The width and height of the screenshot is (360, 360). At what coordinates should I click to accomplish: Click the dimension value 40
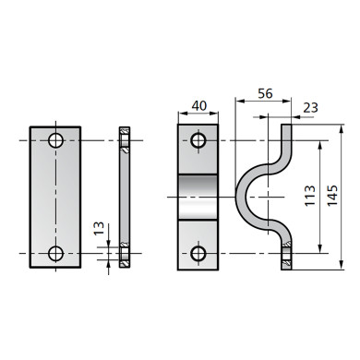click(198, 104)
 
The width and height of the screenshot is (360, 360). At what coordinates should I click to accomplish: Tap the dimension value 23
click(308, 107)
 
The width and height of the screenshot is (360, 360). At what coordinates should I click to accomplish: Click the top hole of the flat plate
click(55, 141)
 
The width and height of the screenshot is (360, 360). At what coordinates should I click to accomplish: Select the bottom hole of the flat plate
click(55, 253)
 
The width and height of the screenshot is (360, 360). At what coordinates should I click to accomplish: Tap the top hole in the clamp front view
click(198, 141)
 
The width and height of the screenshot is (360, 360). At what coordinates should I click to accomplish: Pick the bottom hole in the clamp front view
click(198, 253)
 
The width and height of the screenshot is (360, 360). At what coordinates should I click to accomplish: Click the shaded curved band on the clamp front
click(198, 197)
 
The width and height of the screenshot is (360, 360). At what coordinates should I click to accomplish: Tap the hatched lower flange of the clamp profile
click(288, 254)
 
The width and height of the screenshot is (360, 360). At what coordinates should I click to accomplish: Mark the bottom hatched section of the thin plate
click(125, 253)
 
